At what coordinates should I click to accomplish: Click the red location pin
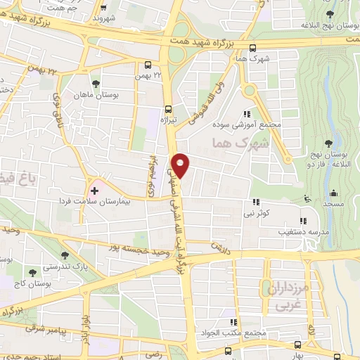pyautogui.click(x=181, y=165)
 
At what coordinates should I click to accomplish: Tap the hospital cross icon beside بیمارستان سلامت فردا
pyautogui.click(x=94, y=191)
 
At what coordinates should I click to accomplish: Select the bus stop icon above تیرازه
pyautogui.click(x=167, y=108)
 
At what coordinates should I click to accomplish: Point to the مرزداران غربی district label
pyautogui.click(x=290, y=297)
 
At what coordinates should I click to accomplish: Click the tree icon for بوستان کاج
pyautogui.click(x=32, y=270)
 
